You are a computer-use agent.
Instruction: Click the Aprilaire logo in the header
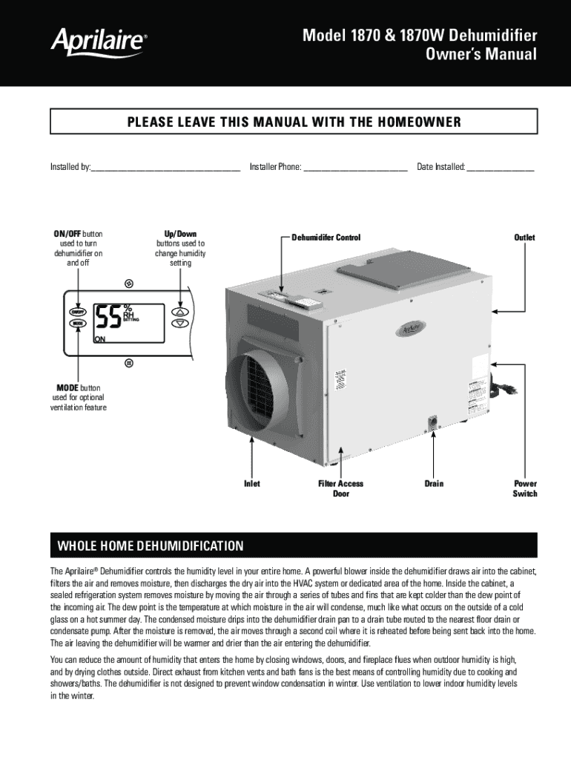point(97,42)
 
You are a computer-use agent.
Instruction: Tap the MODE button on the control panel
point(77,324)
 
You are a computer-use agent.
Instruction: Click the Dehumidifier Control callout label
point(326,237)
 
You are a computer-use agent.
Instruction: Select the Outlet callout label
point(524,237)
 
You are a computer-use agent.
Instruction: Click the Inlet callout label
point(252,484)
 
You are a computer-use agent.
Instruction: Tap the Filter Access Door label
point(340,488)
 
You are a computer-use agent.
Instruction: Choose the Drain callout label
point(434,484)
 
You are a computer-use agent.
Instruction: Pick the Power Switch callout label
point(525,488)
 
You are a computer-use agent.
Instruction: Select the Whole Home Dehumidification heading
point(151,546)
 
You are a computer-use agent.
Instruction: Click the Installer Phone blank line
point(355,168)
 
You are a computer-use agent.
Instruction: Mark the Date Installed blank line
point(500,168)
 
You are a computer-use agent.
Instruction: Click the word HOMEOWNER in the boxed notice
point(416,122)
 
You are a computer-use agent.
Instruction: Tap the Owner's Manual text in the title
point(480,55)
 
